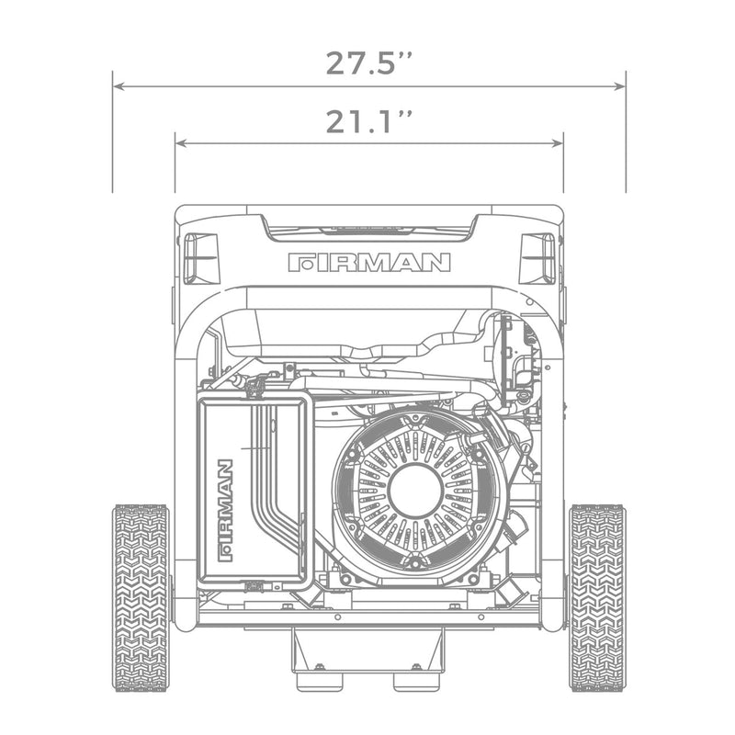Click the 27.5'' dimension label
(368, 62)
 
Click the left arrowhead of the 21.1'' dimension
(180, 143)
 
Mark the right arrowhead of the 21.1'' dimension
(558, 143)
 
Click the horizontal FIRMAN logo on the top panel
(368, 263)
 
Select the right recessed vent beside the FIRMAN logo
(538, 256)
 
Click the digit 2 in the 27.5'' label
(337, 62)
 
